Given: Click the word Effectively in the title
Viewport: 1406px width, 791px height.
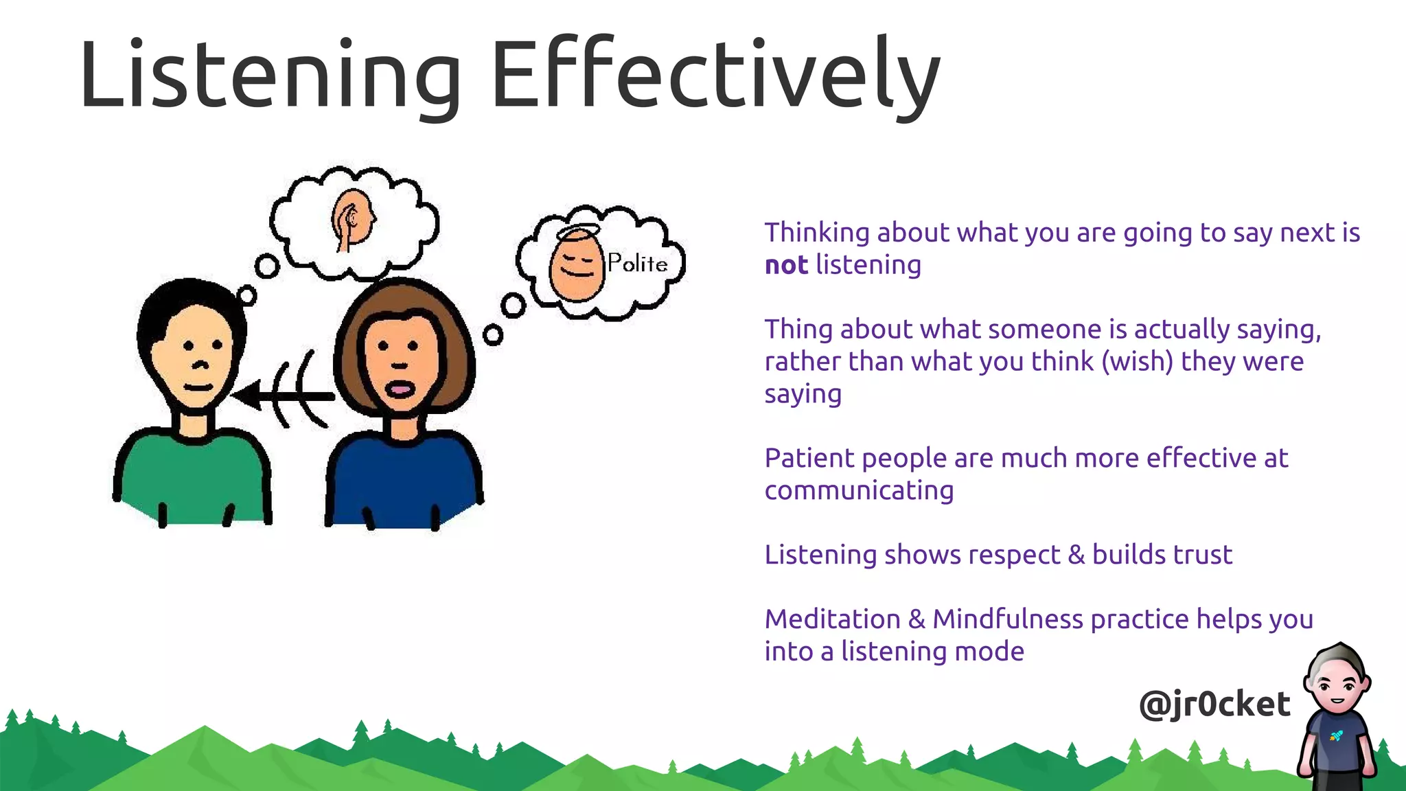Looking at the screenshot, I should [714, 74].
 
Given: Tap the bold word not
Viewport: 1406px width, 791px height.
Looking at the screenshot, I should [786, 265].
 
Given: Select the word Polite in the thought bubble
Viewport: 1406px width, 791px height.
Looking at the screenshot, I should [637, 263].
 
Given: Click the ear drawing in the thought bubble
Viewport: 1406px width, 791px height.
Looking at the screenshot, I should [354, 218].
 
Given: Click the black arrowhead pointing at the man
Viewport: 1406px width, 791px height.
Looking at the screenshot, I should [249, 395].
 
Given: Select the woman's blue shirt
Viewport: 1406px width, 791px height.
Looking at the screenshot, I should [404, 481].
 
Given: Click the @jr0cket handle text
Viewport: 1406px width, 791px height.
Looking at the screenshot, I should [1214, 704].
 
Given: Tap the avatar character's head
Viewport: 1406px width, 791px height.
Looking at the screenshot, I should [1338, 680].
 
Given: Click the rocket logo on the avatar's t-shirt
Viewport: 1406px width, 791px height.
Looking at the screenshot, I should [1336, 736].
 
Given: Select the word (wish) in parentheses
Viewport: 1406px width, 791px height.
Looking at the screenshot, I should [1137, 361].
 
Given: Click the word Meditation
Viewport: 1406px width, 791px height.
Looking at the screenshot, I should [832, 619].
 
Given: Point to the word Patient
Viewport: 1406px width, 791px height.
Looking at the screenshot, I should [809, 458].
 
